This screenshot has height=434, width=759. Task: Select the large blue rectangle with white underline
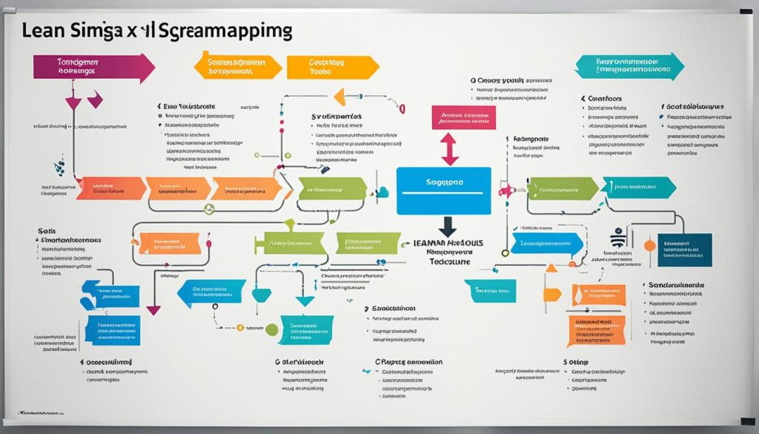[443, 191]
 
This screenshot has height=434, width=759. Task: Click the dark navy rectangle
[683, 250]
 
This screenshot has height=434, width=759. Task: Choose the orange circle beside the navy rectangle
[649, 245]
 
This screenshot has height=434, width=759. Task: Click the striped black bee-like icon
[617, 238]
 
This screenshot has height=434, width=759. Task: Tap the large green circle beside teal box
[272, 329]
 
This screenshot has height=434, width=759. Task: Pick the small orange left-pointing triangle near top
[339, 96]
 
